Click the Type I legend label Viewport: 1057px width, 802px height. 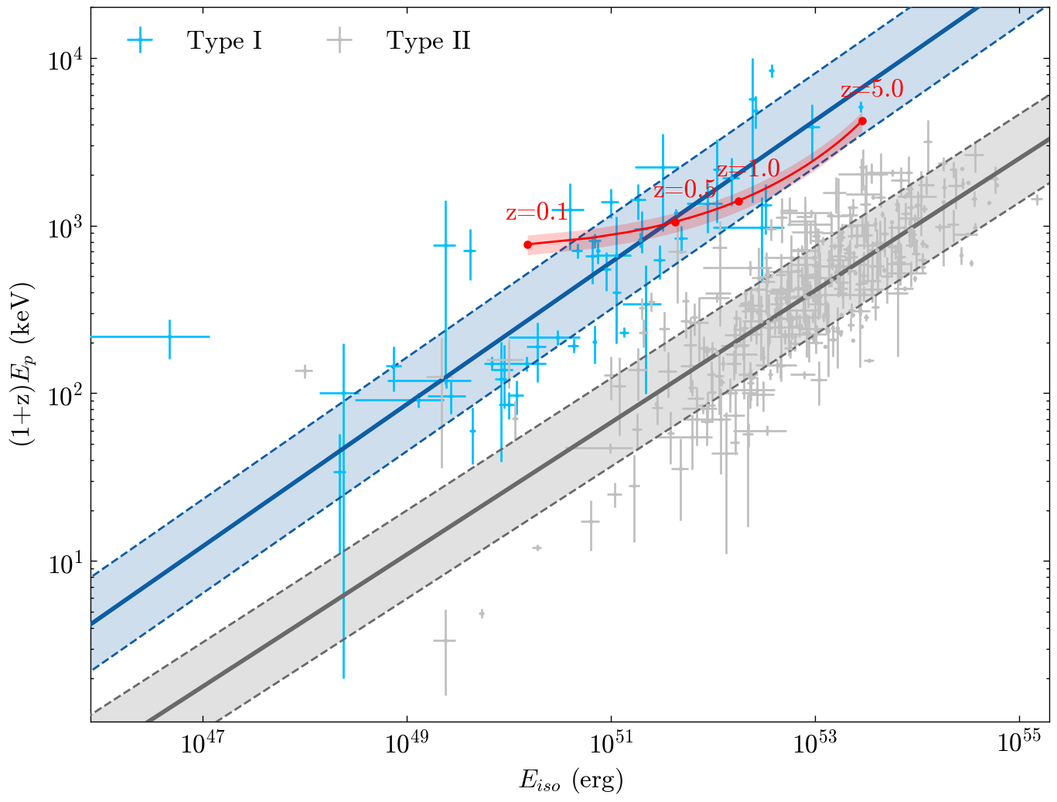[224, 41]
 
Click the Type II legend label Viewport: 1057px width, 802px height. [428, 41]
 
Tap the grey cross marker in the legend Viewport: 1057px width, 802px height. [339, 41]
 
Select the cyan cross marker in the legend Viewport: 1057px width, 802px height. [139, 41]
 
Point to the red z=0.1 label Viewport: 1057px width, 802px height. [536, 213]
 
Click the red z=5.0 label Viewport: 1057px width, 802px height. [871, 90]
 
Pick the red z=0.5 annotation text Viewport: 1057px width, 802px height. [684, 190]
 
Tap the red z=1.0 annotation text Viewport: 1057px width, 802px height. [748, 169]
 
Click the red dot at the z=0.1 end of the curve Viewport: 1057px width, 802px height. [528, 244]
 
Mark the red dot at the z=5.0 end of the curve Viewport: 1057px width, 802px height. [862, 121]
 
